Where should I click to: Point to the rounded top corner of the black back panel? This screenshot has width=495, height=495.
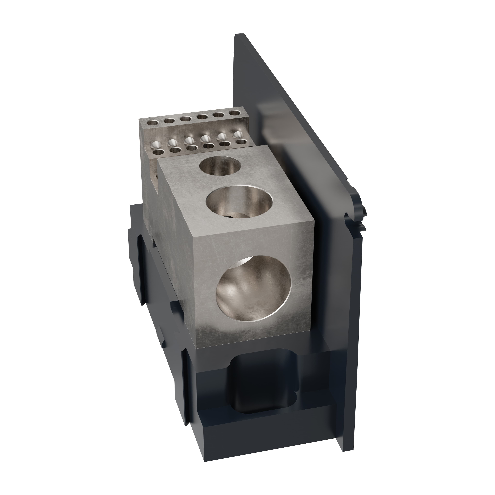pos(240,36)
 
